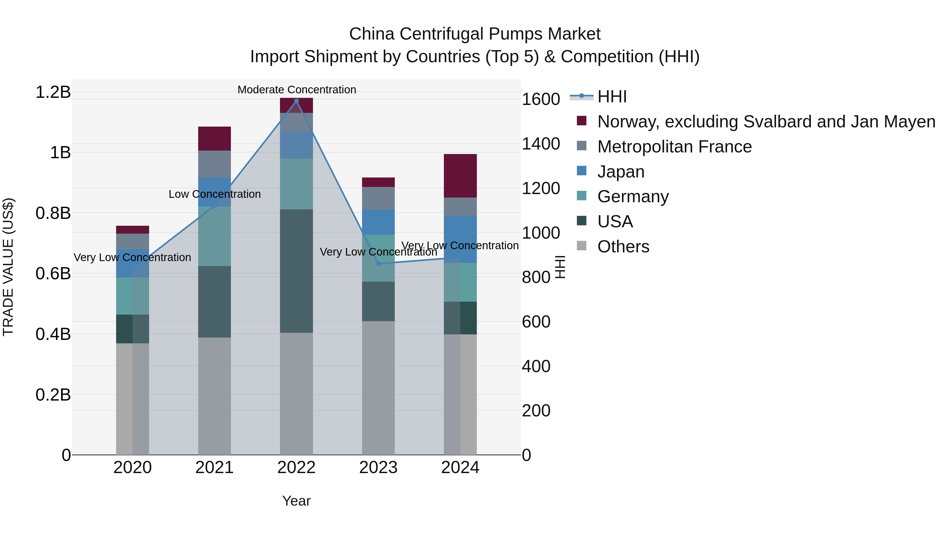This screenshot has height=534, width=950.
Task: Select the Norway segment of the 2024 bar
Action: coord(460,176)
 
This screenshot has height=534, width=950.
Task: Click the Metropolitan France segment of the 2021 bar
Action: coord(214,164)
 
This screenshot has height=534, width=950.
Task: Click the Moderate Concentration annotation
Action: coord(297,90)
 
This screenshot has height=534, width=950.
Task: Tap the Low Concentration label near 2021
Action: coord(214,194)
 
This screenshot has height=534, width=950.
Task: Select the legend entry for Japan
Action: coord(621,172)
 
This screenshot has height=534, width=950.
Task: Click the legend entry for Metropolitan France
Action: coord(674,147)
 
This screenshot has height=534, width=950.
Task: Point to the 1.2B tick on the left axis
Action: coord(53,92)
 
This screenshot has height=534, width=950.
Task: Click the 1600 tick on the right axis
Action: coord(541,99)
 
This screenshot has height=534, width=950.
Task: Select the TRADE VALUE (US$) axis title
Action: coord(8,267)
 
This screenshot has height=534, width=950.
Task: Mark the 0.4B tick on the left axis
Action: coord(53,334)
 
